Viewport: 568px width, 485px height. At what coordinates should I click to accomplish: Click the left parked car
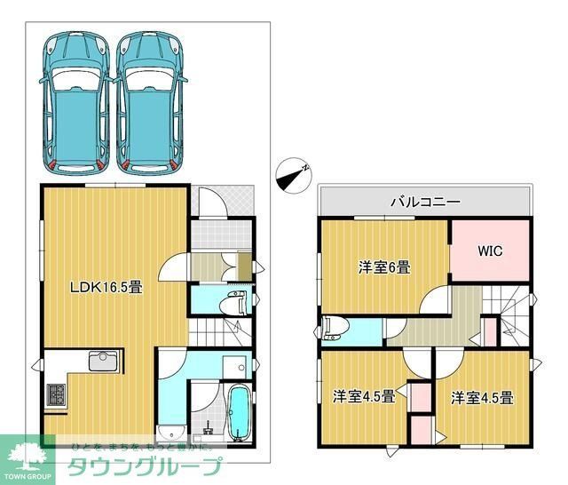pyautogui.click(x=75, y=101)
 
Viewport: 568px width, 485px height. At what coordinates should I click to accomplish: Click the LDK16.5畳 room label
pyautogui.click(x=106, y=287)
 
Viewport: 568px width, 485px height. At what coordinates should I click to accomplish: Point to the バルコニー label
pyautogui.click(x=425, y=202)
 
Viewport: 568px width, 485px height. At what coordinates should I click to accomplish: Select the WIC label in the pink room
pyautogui.click(x=491, y=250)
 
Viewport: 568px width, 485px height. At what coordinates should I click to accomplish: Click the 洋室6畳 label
pyautogui.click(x=383, y=266)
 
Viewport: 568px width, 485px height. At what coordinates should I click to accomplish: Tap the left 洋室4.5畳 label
pyautogui.click(x=365, y=396)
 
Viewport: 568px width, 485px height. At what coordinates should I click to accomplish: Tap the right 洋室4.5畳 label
pyautogui.click(x=481, y=397)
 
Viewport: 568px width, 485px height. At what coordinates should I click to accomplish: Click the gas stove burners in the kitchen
pyautogui.click(x=54, y=394)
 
